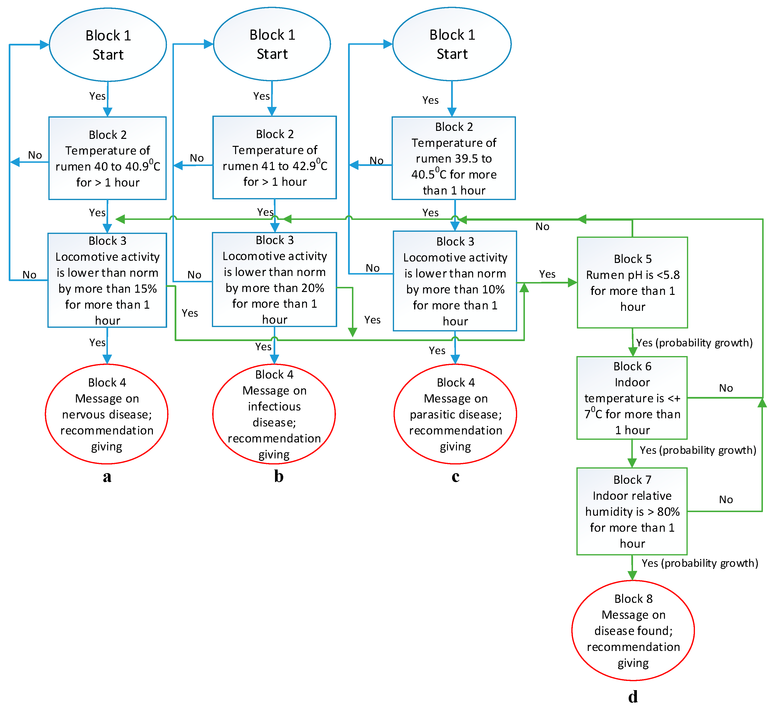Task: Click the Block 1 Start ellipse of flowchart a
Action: [x=108, y=45]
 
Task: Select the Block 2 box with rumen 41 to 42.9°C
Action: [x=275, y=158]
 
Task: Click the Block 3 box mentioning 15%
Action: [x=107, y=280]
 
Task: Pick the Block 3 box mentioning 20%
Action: [x=275, y=280]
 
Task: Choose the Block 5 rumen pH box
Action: [x=632, y=283]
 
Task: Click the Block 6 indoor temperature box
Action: [x=632, y=398]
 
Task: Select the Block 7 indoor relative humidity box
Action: [x=632, y=511]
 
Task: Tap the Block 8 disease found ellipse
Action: [x=633, y=631]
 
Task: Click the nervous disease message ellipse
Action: [x=107, y=414]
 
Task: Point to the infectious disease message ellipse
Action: [x=274, y=414]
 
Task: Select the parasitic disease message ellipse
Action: [x=455, y=414]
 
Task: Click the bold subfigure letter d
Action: [x=633, y=697]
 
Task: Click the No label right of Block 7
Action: [x=726, y=500]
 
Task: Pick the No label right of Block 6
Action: [x=726, y=388]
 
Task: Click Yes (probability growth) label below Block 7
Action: [x=700, y=563]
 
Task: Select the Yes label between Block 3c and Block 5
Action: [x=547, y=274]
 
